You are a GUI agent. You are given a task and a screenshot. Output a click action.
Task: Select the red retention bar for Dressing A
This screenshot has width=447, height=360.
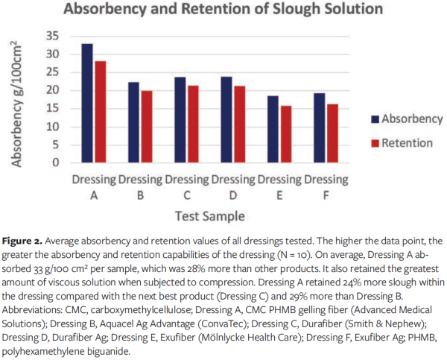pyautogui.click(x=101, y=112)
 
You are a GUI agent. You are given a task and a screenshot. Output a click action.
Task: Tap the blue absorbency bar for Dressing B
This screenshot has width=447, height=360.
pyautogui.click(x=133, y=122)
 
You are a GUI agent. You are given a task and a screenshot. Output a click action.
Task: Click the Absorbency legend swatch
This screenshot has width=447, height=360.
pyautogui.click(x=373, y=119)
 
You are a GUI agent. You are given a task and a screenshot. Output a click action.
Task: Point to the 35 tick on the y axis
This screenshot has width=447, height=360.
pyautogui.click(x=54, y=36)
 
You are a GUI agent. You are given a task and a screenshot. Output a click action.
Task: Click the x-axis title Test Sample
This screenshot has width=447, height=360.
pyautogui.click(x=211, y=215)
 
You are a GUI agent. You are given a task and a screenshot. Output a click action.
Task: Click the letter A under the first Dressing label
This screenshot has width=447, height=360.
pyautogui.click(x=94, y=195)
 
